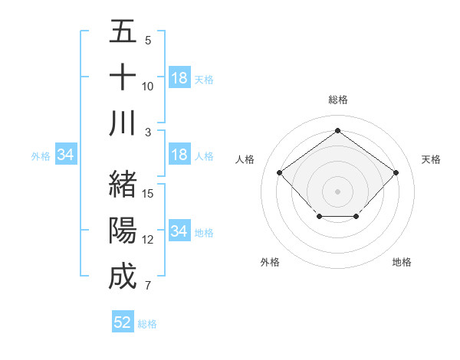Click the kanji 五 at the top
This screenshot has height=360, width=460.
coord(123,31)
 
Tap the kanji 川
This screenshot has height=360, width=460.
coord(123,123)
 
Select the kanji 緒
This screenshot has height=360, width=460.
coord(123,185)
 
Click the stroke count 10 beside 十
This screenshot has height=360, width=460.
coord(148,86)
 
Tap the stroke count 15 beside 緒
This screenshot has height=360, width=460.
coord(148,194)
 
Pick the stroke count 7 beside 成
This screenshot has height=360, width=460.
coord(148,286)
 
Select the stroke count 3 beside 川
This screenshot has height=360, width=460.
coord(148,132)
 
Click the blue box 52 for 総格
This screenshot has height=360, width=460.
coord(123,322)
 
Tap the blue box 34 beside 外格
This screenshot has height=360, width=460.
coord(66,155)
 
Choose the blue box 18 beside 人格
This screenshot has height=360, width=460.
coord(179,155)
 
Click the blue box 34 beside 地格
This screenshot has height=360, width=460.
coord(179,231)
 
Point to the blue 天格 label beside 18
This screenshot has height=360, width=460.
coord(204,79)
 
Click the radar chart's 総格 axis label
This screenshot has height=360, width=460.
coord(337,100)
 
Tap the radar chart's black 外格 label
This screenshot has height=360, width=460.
coord(270,262)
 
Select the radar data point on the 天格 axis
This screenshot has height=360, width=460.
coord(396,172)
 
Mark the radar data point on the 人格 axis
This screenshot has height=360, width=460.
coord(280,172)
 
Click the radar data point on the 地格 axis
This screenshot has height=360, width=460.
coord(356,218)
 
